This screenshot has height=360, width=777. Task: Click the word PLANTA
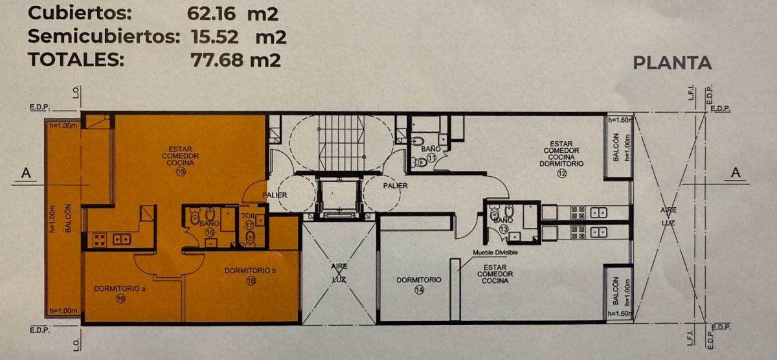672,63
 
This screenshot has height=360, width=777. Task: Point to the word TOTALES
76,60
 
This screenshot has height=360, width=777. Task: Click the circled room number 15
181,172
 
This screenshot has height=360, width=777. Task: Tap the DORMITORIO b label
251,271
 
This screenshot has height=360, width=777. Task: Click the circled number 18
251,281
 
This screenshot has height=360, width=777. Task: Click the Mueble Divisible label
495,253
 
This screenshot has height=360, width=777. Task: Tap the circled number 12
561,174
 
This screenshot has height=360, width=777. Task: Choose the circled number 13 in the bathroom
504,229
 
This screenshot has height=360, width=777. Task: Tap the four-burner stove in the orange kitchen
99,239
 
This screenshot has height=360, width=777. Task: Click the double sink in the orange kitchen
121,239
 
